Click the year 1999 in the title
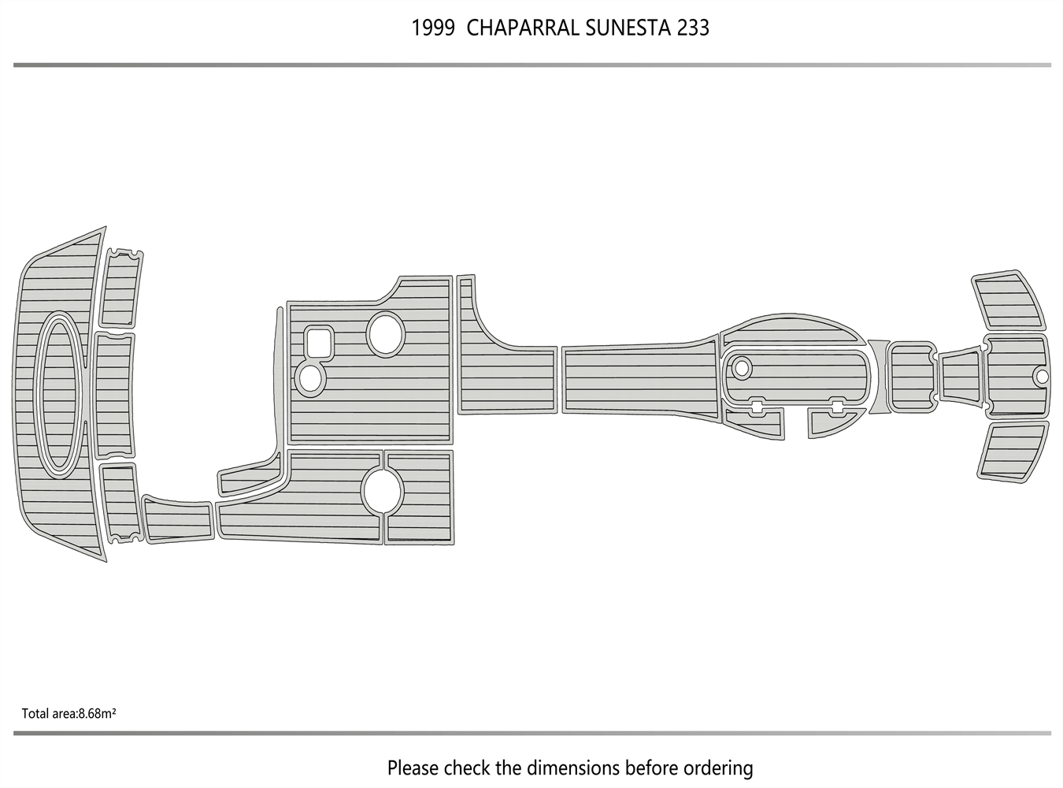[432, 28]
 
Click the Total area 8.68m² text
[69, 714]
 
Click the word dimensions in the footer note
[574, 768]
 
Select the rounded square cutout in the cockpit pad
[319, 342]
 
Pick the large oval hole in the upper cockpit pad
[386, 333]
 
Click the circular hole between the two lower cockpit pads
[383, 491]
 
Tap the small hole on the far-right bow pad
[1041, 376]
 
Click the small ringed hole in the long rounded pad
[741, 367]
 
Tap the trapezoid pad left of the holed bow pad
[961, 377]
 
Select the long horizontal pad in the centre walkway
[639, 379]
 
